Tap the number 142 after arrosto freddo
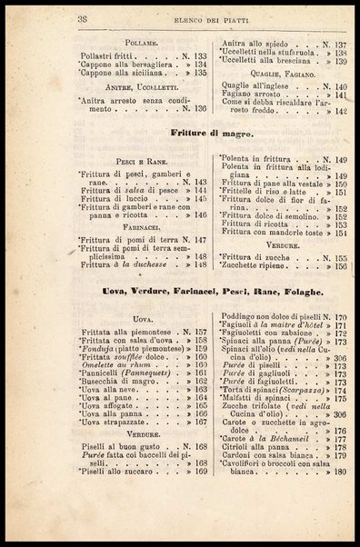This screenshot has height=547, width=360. (341, 111)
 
